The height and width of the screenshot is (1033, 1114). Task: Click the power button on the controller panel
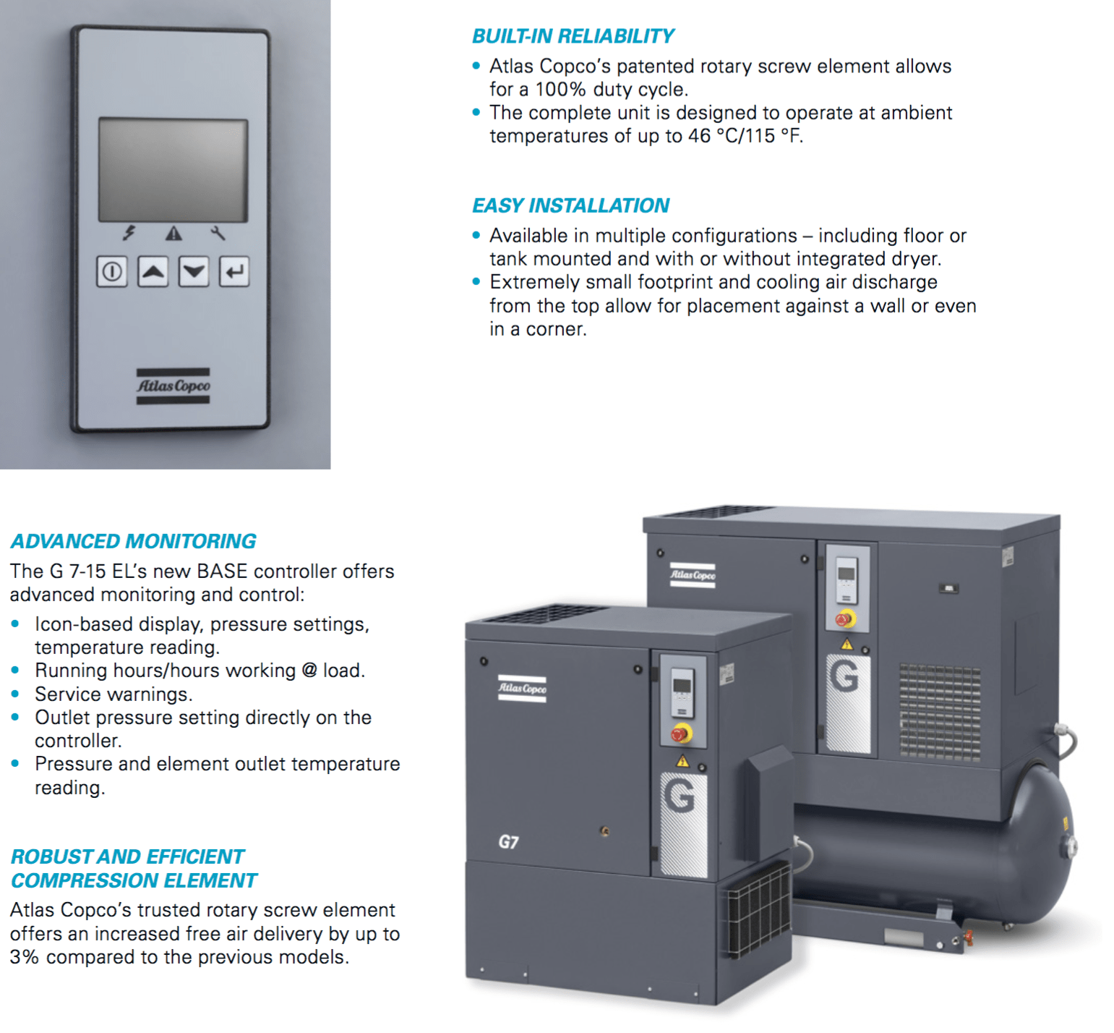112,272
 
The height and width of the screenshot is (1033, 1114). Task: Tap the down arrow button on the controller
194,272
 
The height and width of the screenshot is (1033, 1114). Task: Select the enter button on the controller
234,272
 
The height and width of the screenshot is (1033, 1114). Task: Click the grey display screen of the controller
173,170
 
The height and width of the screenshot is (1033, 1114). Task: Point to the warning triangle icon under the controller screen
173,233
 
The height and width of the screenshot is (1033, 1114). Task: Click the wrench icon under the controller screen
218,232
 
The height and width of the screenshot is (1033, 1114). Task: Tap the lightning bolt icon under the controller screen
129,232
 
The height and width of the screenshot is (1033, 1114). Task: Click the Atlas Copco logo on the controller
173,386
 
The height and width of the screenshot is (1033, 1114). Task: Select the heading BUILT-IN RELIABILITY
573,36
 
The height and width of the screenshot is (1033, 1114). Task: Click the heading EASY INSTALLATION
570,205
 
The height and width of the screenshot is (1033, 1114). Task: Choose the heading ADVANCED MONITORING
133,541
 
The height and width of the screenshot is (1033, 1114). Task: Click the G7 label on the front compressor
508,842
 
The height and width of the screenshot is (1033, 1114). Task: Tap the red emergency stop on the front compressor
680,734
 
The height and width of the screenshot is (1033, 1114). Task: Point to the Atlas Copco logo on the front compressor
522,689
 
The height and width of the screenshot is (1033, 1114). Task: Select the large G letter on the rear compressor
844,676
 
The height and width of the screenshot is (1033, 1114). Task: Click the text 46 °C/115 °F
745,136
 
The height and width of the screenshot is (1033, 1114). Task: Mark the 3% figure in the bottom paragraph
25,957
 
